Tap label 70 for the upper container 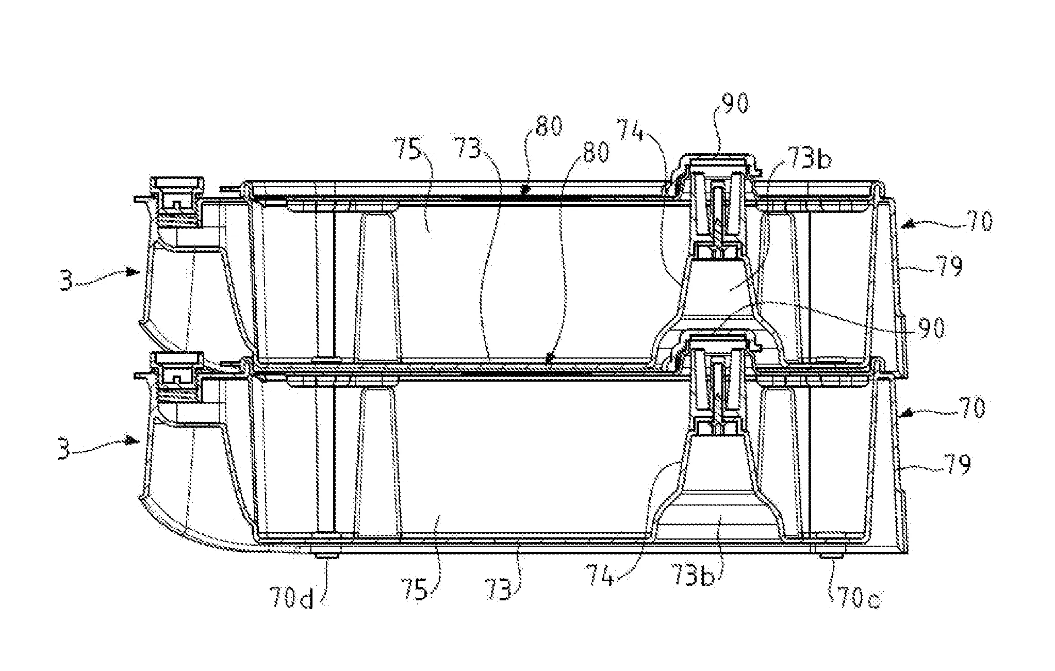976,222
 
